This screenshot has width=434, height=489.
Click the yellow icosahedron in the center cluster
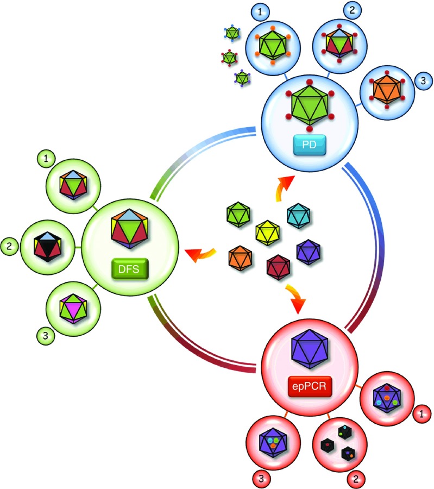(267, 233)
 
